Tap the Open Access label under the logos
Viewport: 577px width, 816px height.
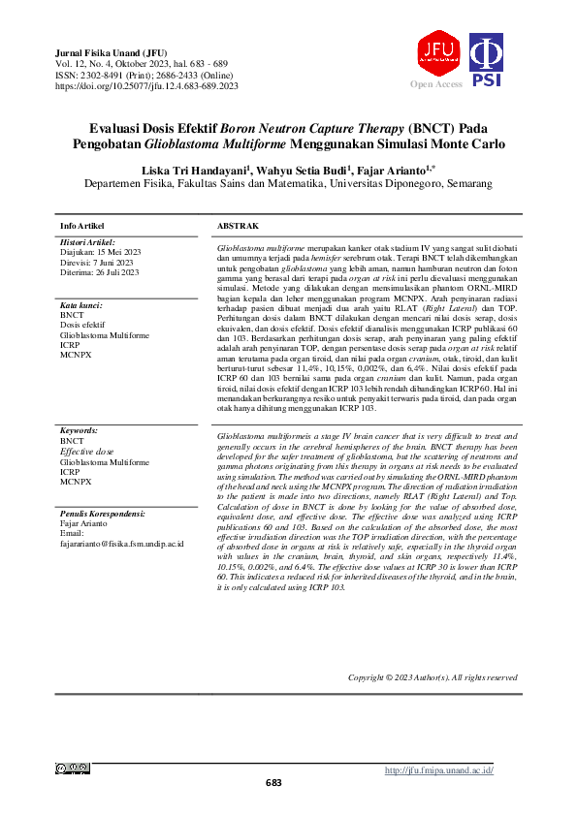436,85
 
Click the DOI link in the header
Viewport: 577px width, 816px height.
147,86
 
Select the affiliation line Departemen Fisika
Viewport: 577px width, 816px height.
288,184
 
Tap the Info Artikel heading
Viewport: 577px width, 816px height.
83,226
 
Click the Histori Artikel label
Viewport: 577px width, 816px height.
87,242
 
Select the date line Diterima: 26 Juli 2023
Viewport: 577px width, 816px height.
101,272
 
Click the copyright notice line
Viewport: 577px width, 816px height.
432,676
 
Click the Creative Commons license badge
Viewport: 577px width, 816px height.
73,769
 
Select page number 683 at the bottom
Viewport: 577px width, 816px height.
274,783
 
